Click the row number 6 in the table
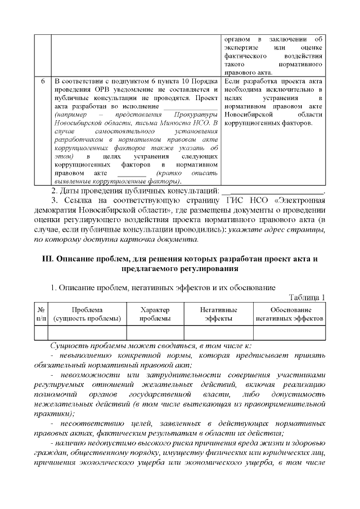tap(43, 81)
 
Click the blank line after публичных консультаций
tap(275, 192)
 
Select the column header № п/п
tap(41, 314)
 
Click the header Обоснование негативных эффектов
tap(290, 314)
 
